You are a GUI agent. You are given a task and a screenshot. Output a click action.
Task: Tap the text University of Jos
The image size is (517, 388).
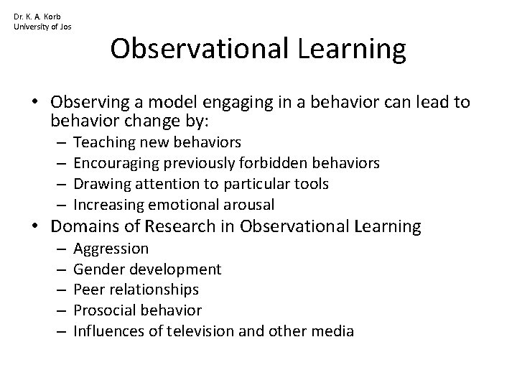tap(42, 27)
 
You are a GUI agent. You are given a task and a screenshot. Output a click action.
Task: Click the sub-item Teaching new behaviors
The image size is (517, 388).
tap(157, 142)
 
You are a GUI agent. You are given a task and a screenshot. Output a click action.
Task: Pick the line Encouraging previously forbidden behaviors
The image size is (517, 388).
tap(226, 163)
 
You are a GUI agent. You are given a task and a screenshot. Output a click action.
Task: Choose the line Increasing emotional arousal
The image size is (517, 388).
tap(173, 204)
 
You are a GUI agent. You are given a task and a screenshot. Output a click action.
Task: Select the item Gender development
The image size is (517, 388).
tap(147, 269)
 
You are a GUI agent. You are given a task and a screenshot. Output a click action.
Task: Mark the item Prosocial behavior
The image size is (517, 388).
tap(138, 310)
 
